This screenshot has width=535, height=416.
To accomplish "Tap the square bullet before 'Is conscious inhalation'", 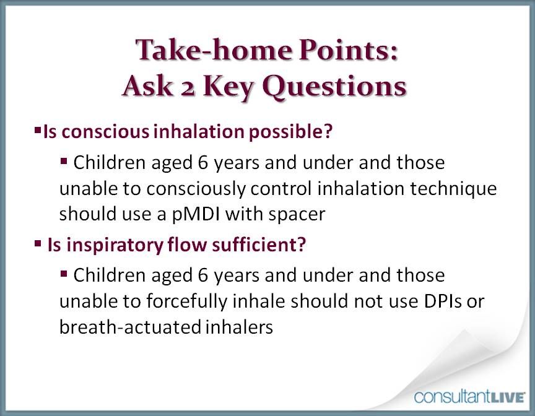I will (38, 131).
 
